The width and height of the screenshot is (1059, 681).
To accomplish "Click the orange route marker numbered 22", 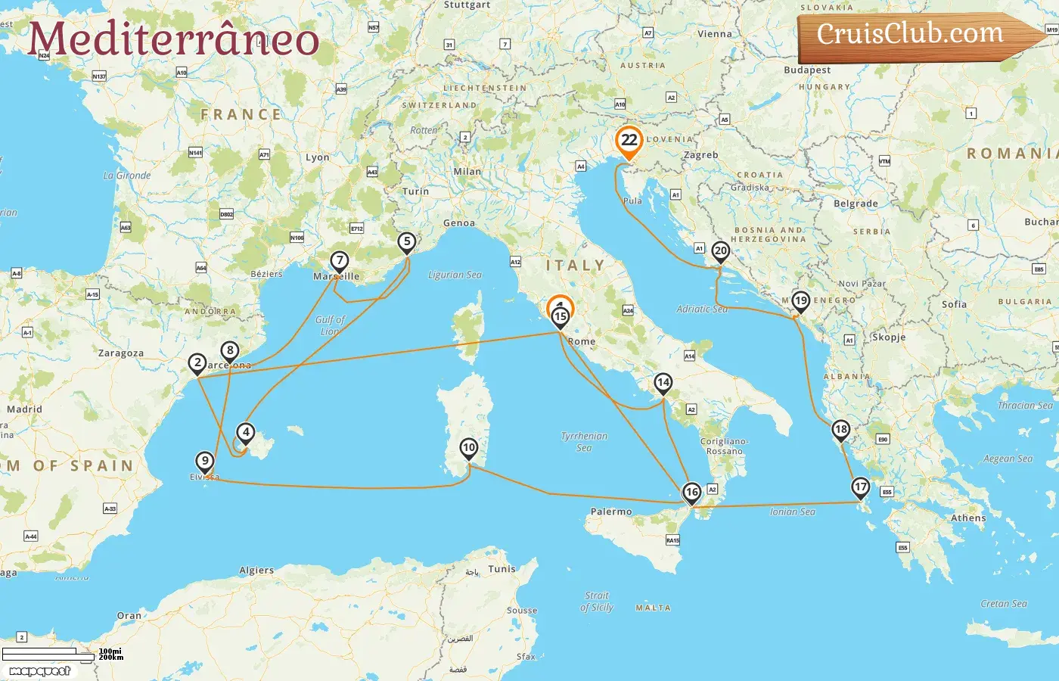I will pyautogui.click(x=629, y=140).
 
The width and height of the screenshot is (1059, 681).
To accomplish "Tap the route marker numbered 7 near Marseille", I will pyautogui.click(x=340, y=261).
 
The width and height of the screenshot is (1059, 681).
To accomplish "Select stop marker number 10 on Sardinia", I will pyautogui.click(x=469, y=448).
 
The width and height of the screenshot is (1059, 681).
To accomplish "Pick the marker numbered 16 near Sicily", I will pyautogui.click(x=691, y=493).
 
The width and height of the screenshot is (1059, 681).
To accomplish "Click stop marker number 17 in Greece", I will pyautogui.click(x=860, y=487).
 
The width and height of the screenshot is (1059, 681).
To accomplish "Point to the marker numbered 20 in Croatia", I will pyautogui.click(x=720, y=251).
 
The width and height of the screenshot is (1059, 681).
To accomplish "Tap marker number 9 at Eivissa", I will pyautogui.click(x=204, y=461).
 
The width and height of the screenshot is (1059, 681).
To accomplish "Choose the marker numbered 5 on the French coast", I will pyautogui.click(x=407, y=242).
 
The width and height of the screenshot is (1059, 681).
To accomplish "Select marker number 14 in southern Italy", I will pyautogui.click(x=663, y=382).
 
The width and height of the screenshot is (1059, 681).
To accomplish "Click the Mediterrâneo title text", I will pyautogui.click(x=173, y=39).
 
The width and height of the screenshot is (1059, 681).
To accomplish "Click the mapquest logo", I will pyautogui.click(x=40, y=671).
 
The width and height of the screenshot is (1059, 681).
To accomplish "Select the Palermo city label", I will pyautogui.click(x=611, y=512).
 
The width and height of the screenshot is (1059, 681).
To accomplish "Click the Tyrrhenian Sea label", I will pyautogui.click(x=584, y=442).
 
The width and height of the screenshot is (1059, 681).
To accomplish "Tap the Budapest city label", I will pyautogui.click(x=807, y=70).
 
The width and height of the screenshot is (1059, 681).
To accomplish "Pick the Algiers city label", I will pyautogui.click(x=256, y=571).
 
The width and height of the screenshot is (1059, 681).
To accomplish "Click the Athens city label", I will pyautogui.click(x=968, y=518).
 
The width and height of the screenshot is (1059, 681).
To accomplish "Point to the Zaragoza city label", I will pyautogui.click(x=121, y=353).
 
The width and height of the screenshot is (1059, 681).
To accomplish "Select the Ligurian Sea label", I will pyautogui.click(x=455, y=275).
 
